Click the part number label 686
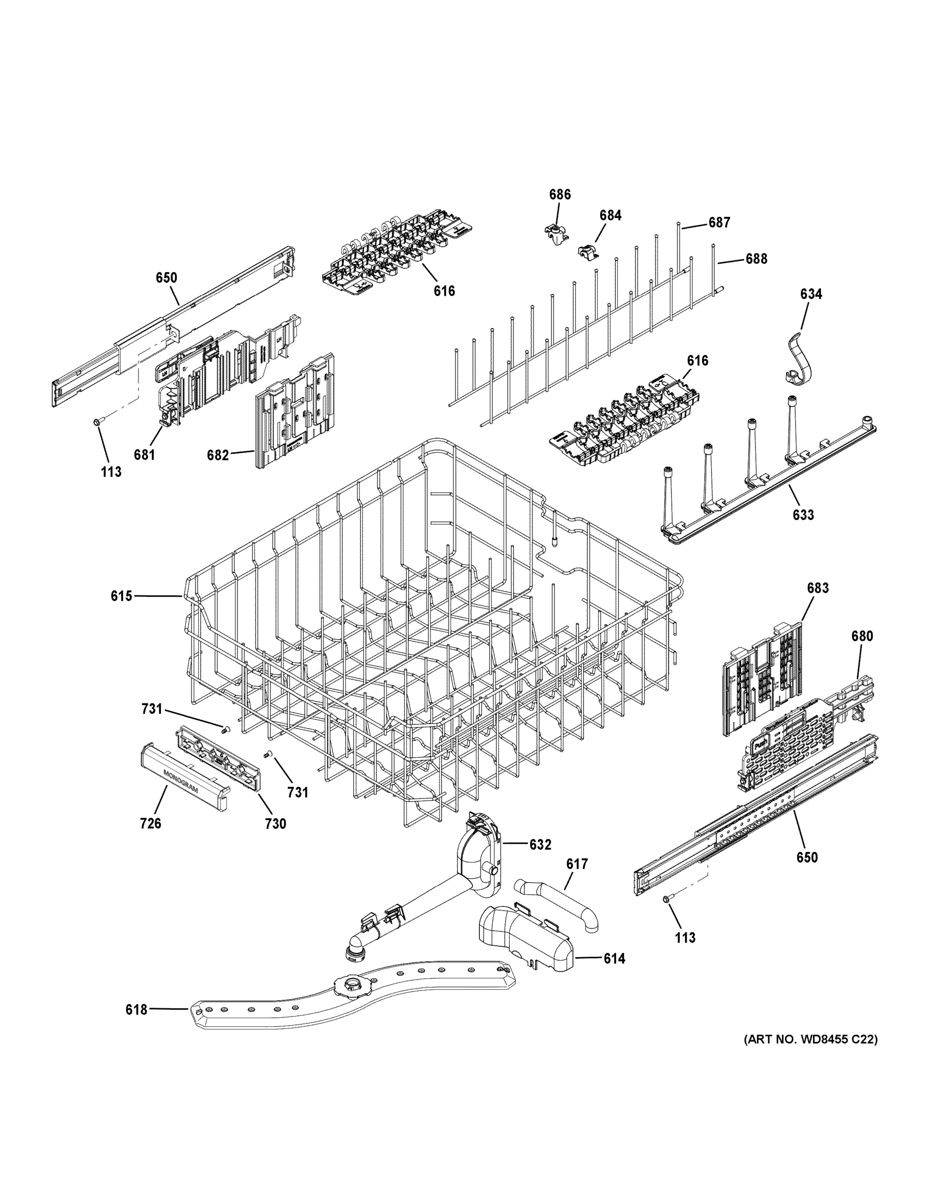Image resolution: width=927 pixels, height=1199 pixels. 560,194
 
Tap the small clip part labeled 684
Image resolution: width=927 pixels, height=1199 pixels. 588,251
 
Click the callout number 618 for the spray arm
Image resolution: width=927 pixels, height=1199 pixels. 136,1009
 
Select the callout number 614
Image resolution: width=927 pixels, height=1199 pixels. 614,959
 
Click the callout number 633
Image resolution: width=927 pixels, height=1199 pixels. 803,515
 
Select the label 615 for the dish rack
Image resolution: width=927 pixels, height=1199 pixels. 121,596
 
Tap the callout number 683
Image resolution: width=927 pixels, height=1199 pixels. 818,588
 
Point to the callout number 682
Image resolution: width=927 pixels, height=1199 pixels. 217,455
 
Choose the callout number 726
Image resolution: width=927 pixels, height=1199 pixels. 150,838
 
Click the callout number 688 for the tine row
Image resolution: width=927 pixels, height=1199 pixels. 756,259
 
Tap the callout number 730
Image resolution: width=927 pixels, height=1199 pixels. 276,839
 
